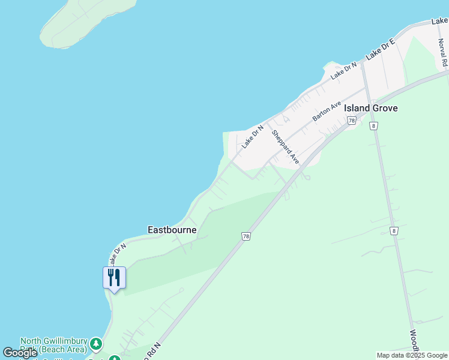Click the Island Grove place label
point(370,108)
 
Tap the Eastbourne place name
point(172,230)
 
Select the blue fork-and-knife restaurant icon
point(114,277)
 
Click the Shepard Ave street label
point(285,147)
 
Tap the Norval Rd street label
point(444,53)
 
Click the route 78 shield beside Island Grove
point(351,121)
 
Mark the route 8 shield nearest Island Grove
point(374,125)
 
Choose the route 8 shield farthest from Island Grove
point(394,230)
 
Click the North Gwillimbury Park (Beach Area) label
point(54,344)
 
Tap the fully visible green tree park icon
point(96,344)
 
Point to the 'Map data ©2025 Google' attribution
point(412,355)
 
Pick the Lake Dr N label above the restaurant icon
point(117,254)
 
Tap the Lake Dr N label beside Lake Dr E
point(343,70)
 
